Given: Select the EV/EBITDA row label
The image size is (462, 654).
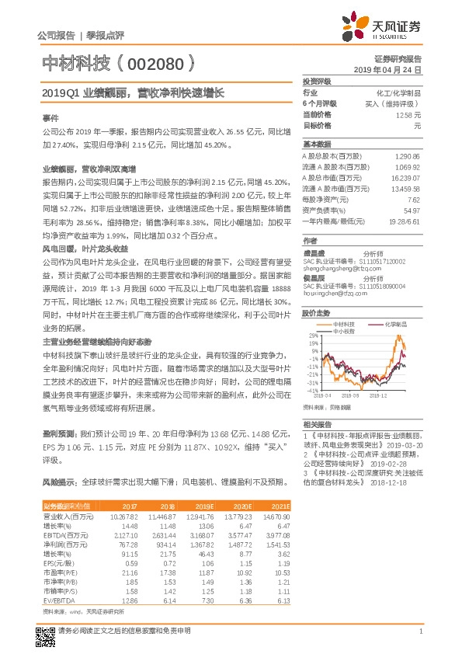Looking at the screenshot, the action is [x=59, y=600].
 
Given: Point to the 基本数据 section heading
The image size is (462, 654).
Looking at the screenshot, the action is [x=316, y=144].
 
